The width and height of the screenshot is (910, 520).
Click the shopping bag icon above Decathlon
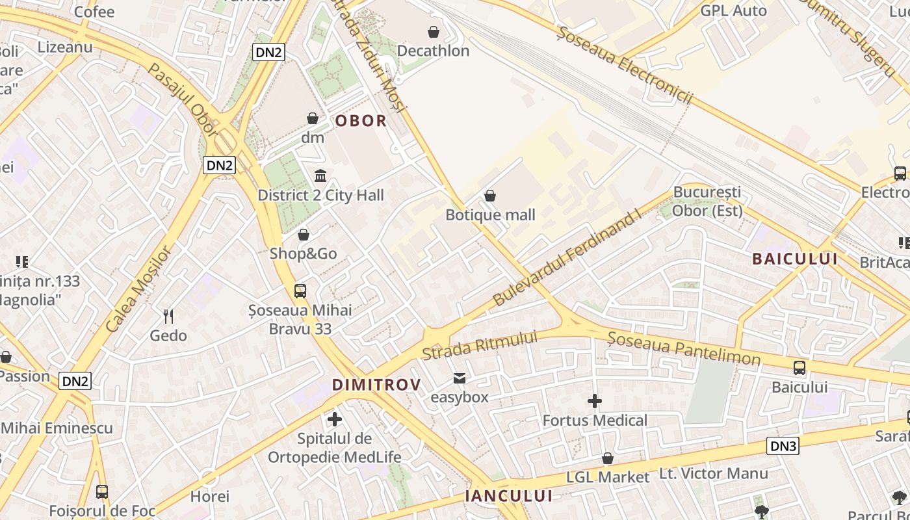[434, 31]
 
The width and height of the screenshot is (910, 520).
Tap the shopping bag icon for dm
[313, 118]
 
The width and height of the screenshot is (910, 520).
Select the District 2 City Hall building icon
[320, 176]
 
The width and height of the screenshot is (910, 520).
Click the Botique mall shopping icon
[490, 196]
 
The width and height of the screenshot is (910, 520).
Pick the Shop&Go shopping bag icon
[304, 235]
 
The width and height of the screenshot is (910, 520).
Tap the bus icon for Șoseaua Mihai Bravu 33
[300, 291]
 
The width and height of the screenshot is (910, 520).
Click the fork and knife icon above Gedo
[168, 317]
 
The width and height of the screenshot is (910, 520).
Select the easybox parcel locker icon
[460, 378]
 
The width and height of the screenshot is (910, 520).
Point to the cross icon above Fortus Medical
[595, 401]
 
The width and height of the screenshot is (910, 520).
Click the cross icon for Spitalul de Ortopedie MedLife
[335, 419]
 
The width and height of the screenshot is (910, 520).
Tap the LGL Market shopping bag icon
[608, 458]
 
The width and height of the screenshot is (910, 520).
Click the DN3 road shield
[783, 446]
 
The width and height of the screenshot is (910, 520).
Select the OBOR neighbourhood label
[361, 121]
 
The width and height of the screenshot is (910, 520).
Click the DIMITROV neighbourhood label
[376, 385]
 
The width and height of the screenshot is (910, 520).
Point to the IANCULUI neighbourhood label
[508, 496]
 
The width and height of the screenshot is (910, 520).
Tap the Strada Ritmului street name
[480, 345]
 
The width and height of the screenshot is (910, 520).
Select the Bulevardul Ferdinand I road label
[566, 259]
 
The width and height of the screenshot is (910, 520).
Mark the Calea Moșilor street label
[138, 289]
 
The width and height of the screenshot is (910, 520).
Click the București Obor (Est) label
[707, 201]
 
